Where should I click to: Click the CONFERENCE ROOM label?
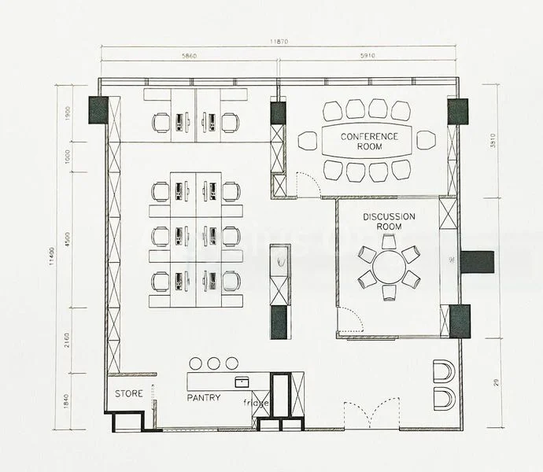click(369, 142)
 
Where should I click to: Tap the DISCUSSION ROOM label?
click(389, 221)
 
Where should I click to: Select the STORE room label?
click(129, 393)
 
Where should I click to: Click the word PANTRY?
click(203, 398)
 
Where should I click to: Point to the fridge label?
click(256, 404)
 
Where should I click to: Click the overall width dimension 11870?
click(279, 42)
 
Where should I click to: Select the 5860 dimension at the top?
click(190, 57)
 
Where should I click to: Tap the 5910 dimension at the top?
click(368, 57)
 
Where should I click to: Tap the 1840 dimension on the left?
click(68, 401)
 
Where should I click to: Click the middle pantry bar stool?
click(214, 363)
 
